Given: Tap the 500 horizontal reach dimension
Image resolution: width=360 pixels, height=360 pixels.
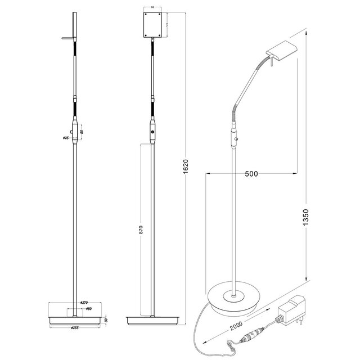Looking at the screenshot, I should point(251,174).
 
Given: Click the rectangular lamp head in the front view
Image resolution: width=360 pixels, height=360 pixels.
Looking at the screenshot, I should point(152,24).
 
